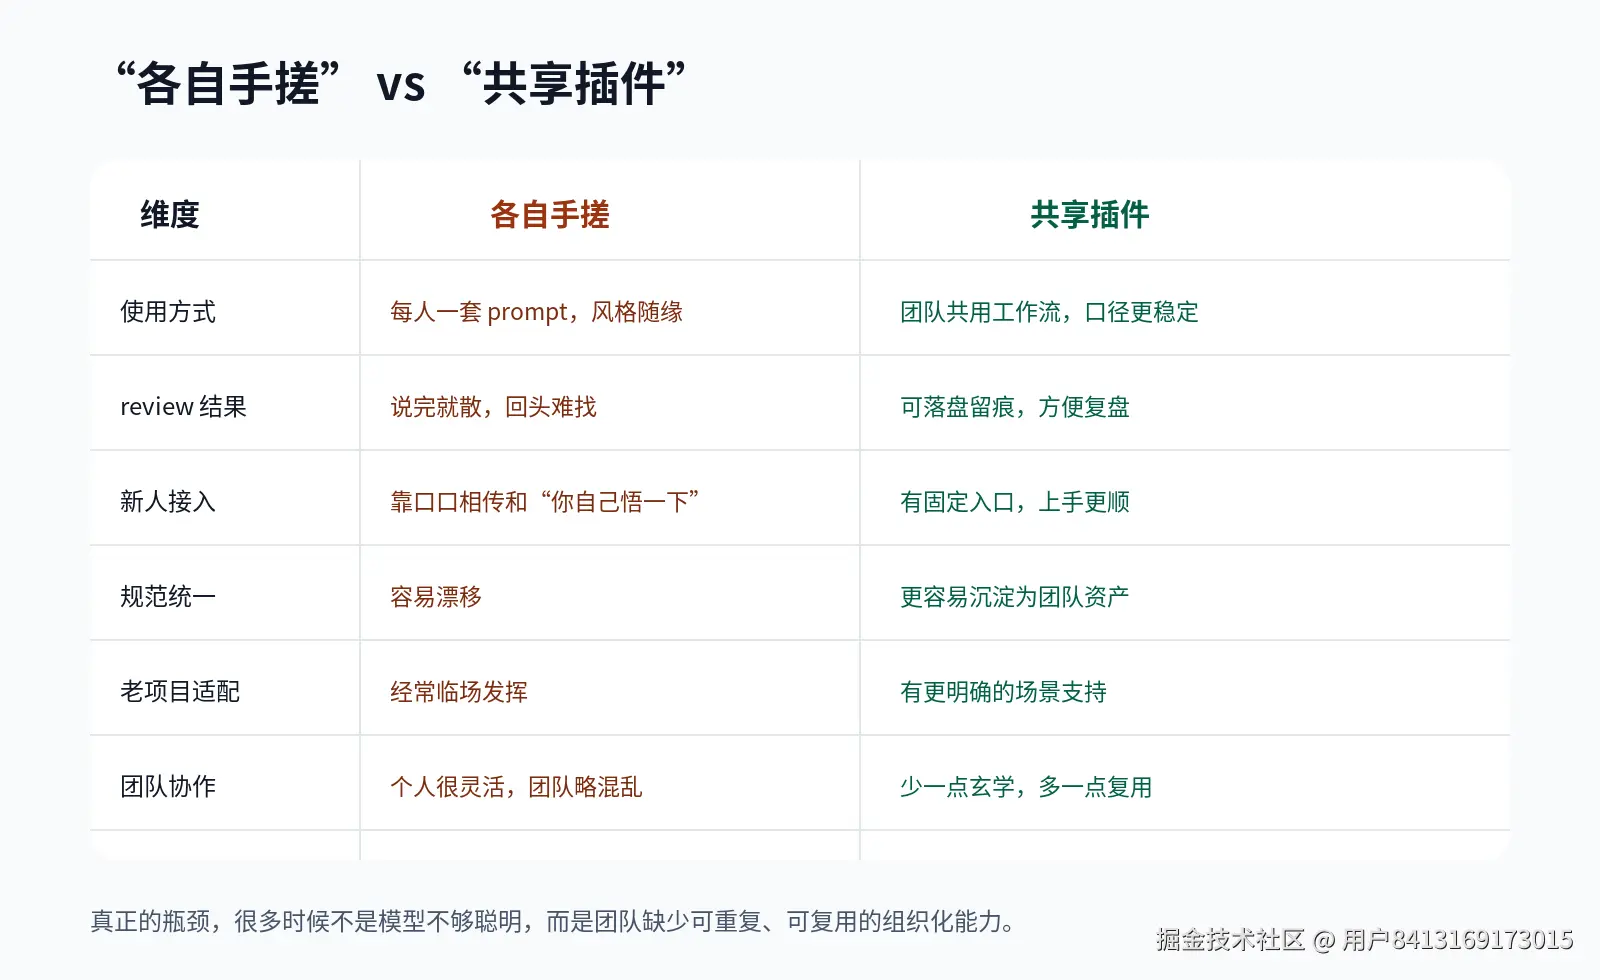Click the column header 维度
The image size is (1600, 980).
169,214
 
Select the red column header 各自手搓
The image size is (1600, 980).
549,214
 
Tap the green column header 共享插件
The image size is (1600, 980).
1089,214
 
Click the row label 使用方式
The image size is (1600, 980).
167,312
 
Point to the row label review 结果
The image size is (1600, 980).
183,407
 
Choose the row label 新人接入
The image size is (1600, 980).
167,502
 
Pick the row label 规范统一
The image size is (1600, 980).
167,597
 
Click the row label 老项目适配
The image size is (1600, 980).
180,692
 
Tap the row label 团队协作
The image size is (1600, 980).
167,787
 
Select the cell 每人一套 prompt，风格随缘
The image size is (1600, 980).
536,312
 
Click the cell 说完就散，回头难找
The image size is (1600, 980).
493,407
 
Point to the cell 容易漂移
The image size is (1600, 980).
435,597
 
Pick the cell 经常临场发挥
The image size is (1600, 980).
458,692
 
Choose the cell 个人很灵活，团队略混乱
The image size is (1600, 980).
516,787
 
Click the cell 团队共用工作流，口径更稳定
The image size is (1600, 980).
1049,312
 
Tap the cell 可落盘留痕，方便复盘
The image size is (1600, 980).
1014,407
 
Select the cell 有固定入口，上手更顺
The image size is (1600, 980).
1014,502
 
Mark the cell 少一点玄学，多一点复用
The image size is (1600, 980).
1025,787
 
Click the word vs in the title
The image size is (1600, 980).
401,84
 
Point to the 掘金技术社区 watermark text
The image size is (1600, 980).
1230,940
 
